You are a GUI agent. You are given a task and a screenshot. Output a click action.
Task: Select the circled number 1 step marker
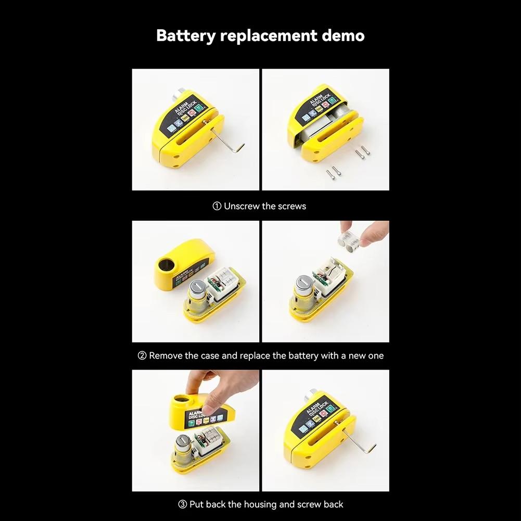coord(218,206)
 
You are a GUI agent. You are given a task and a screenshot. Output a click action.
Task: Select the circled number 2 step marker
coord(142,356)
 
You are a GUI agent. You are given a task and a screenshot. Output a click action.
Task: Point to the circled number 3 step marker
coord(183,504)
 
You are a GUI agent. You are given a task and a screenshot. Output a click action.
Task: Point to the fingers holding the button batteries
coord(372,234)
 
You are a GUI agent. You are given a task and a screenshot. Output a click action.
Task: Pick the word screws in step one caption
coord(292,206)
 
